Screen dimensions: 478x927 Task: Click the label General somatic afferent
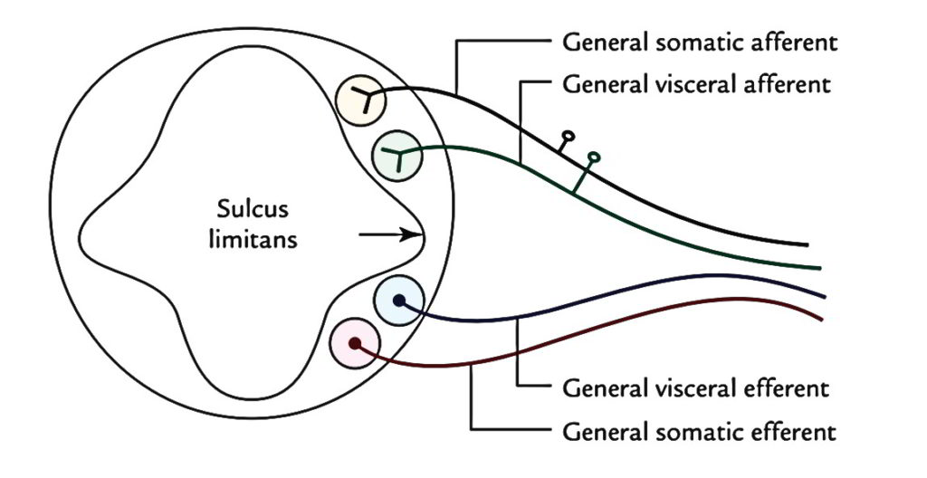[x=700, y=43]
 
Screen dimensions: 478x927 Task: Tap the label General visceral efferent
[x=695, y=389]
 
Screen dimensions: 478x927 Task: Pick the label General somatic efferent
[x=699, y=429]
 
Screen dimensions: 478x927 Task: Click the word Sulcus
[x=252, y=210]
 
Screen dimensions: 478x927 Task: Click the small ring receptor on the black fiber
[x=568, y=139]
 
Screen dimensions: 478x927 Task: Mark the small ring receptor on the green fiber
[x=594, y=158]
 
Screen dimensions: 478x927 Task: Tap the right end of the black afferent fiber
[x=806, y=244]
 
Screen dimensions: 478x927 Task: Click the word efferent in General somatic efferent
[x=798, y=429]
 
